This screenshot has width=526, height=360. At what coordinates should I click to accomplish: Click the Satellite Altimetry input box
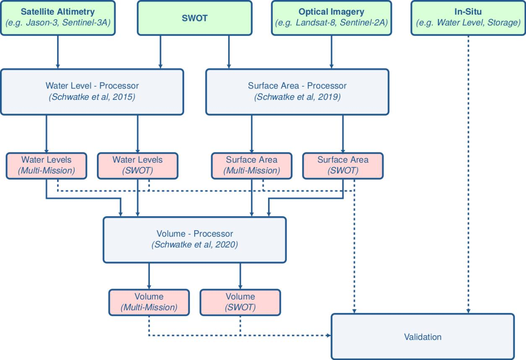(57, 18)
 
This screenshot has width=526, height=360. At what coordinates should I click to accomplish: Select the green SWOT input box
(194, 18)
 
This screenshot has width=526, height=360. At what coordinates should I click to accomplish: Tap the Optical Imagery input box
(331, 18)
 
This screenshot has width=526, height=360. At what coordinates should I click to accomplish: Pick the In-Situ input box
(468, 18)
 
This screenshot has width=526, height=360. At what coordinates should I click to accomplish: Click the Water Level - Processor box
(92, 92)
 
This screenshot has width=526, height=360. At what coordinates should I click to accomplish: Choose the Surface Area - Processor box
(297, 92)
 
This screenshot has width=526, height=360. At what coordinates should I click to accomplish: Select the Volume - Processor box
(195, 239)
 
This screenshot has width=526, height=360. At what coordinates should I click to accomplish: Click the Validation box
(423, 337)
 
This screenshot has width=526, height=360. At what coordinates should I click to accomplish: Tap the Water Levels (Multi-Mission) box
(46, 165)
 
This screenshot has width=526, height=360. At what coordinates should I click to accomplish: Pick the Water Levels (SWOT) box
(138, 165)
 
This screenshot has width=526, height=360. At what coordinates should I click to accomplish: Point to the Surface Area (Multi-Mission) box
(252, 165)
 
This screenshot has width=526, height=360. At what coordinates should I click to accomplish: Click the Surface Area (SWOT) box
(343, 165)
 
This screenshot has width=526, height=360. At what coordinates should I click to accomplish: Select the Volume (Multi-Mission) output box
(149, 302)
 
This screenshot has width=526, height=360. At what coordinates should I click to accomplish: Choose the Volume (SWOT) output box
(240, 302)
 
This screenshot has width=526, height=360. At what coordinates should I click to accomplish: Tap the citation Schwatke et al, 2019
(297, 97)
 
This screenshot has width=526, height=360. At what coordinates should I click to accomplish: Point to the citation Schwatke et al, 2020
(195, 245)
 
